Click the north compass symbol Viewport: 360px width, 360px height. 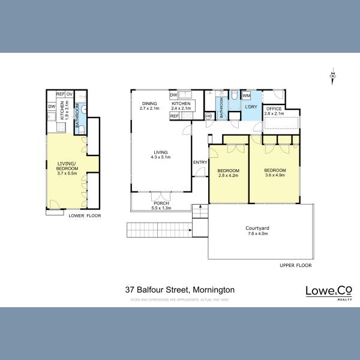click(x=332, y=76)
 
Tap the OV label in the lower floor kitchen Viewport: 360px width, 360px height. click(x=70, y=94)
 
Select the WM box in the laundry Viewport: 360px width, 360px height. click(x=246, y=95)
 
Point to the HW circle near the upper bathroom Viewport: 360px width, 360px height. click(x=208, y=116)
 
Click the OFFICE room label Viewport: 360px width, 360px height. click(x=274, y=109)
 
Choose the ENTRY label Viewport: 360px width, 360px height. click(x=200, y=163)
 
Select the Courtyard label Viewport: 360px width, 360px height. click(x=257, y=228)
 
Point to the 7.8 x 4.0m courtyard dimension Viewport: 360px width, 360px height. click(x=257, y=234)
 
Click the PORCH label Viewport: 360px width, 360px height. click(x=161, y=203)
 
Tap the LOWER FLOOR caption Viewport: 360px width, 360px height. click(x=85, y=215)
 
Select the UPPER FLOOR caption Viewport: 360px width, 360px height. click(x=295, y=265)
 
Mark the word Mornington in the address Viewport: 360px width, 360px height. click(x=212, y=289)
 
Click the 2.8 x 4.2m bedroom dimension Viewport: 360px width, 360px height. click(x=228, y=176)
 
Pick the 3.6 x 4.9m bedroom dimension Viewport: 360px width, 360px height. click(x=275, y=176)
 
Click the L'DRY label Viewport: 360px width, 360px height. click(x=251, y=107)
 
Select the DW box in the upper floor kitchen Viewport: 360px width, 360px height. click(x=173, y=95)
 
